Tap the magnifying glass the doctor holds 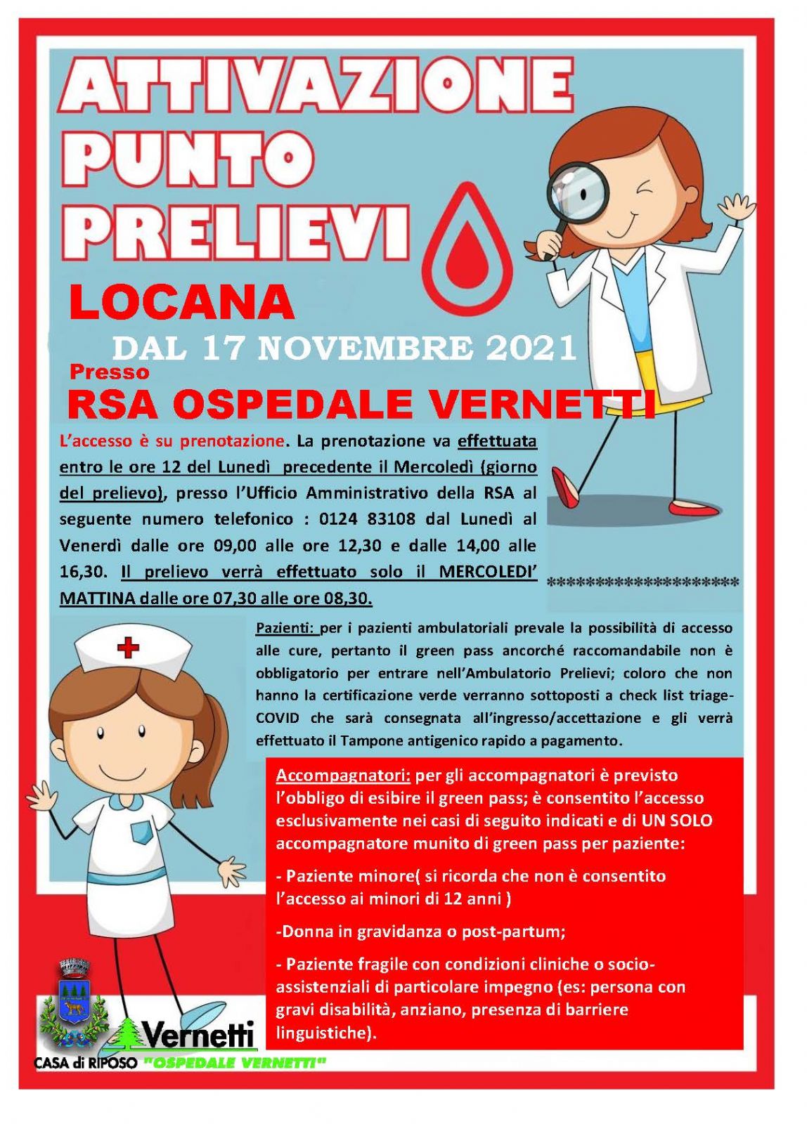[x=578, y=186]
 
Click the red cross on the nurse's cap [x=128, y=647]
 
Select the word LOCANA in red [x=181, y=302]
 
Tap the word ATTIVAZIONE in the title [x=316, y=88]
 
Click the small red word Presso [x=109, y=371]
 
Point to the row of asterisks [x=643, y=582]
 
